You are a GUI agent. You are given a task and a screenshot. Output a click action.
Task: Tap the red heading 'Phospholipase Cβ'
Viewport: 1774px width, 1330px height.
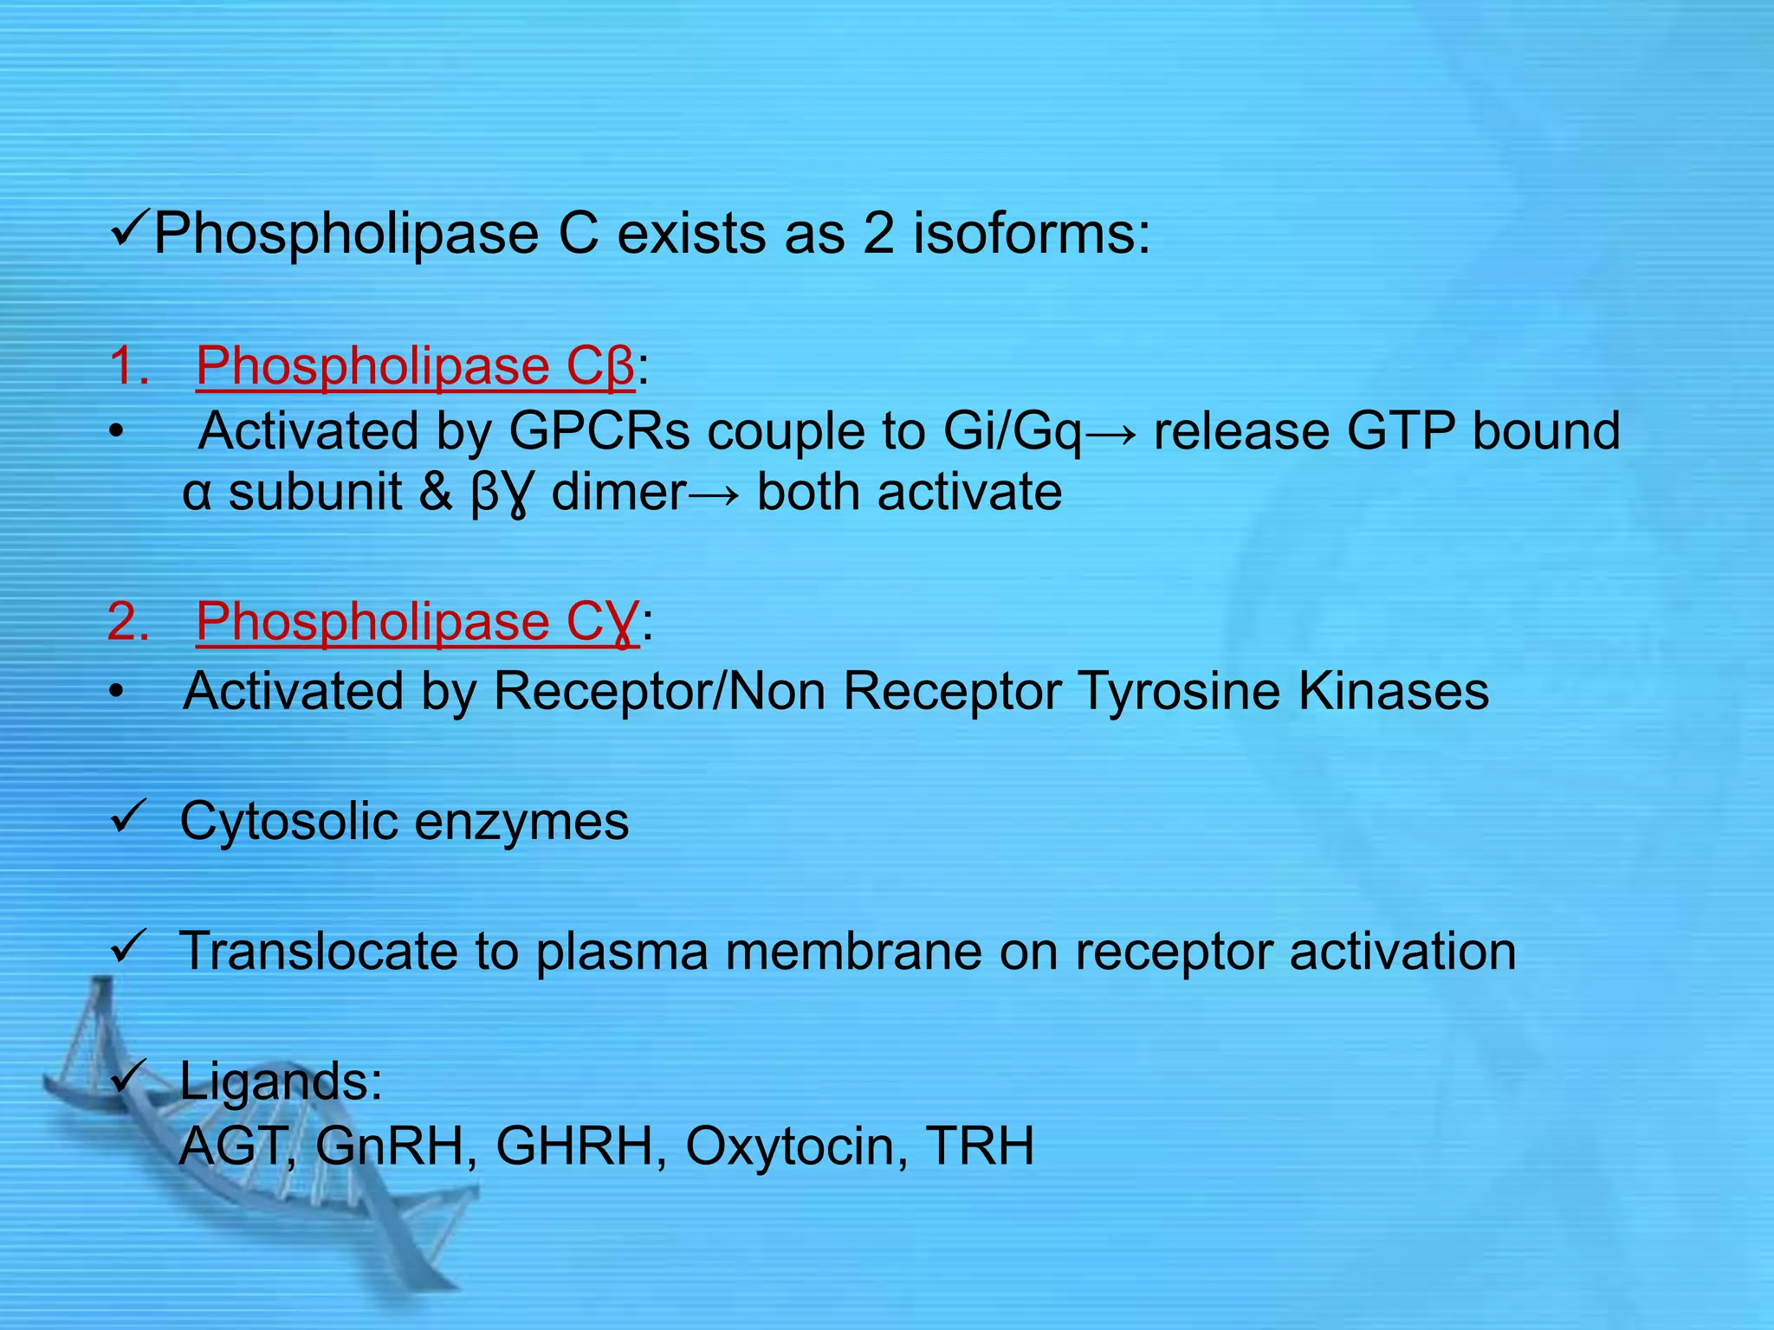coord(416,365)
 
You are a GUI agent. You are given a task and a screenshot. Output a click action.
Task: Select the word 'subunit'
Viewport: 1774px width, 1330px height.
coord(315,492)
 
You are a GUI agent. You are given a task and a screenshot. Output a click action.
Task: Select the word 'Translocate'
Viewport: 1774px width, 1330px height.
coord(317,951)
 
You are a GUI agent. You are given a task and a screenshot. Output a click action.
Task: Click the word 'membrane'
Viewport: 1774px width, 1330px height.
coord(853,951)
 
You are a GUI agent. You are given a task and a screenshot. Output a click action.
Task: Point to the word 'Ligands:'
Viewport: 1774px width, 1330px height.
coord(281,1081)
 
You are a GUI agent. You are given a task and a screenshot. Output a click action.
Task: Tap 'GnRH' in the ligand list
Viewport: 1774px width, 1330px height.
coord(389,1146)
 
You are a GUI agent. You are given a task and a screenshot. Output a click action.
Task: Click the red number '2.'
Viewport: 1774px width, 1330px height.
coord(128,621)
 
